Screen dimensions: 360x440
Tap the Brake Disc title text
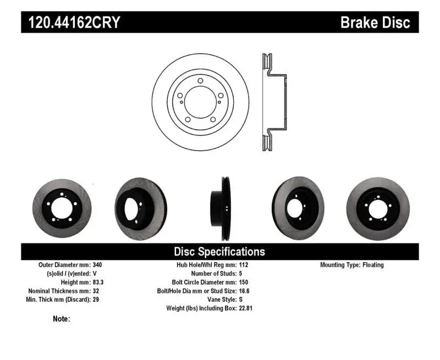point(375,23)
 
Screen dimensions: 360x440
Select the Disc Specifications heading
point(219,252)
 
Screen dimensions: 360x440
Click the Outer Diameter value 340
point(98,265)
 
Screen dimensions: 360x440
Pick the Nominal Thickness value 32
point(97,291)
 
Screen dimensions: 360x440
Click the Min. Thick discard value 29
point(97,300)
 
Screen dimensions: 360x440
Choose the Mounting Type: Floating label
point(352,265)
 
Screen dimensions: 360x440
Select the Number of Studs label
point(213,273)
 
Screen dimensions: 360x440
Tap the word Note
point(61,319)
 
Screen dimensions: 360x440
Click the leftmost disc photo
point(61,207)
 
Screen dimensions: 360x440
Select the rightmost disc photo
point(378,207)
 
